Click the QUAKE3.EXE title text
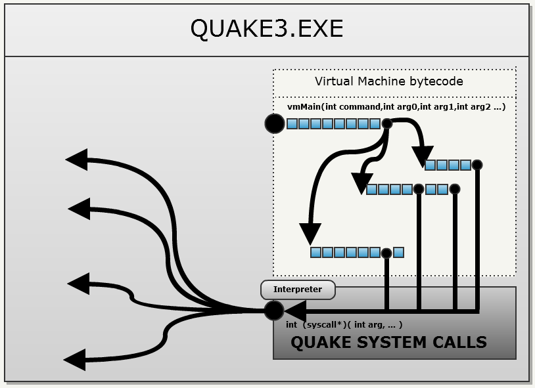pos(266,28)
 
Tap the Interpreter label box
pos(298,289)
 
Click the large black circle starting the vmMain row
pos(275,123)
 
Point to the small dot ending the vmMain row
pos(387,123)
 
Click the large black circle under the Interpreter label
pos(273,311)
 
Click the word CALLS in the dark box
pos(461,342)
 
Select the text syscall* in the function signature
pos(329,325)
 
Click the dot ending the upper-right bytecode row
pos(478,165)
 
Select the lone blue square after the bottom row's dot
pos(398,252)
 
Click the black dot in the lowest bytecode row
pos(387,252)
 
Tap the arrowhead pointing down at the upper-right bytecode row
pos(422,156)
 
